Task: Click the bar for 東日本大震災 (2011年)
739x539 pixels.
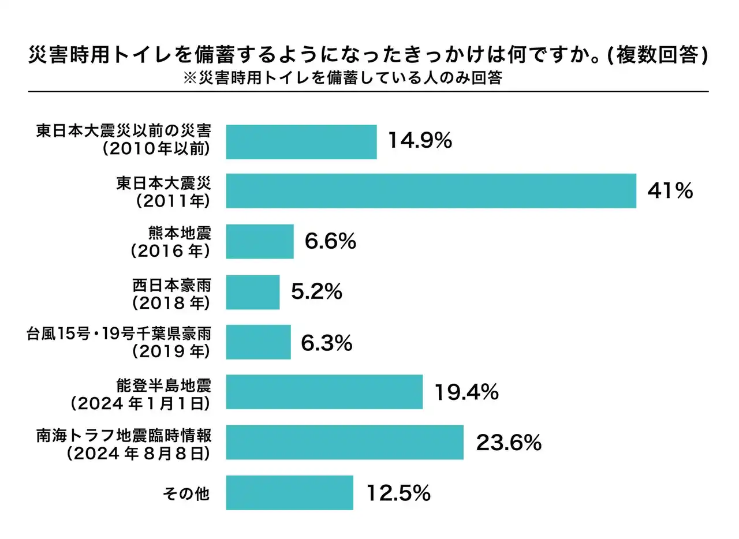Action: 431,190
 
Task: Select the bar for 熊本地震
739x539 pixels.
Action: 260,241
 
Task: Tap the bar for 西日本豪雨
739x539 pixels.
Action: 252,292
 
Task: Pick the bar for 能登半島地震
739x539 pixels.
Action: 324,392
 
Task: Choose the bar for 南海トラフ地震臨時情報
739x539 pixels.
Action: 344,442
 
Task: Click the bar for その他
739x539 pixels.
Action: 289,492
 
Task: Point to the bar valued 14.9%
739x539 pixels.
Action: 301,141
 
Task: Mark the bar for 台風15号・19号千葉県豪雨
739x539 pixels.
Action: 258,342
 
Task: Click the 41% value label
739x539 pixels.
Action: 670,191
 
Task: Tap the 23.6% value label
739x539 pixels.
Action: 509,443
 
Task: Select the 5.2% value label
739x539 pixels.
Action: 316,292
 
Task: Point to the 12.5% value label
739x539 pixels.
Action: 398,493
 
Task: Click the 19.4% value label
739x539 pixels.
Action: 466,392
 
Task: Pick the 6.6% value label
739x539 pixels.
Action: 330,241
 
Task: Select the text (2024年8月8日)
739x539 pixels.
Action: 137,454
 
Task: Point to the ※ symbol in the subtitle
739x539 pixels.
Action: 190,78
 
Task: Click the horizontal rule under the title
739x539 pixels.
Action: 368,92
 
